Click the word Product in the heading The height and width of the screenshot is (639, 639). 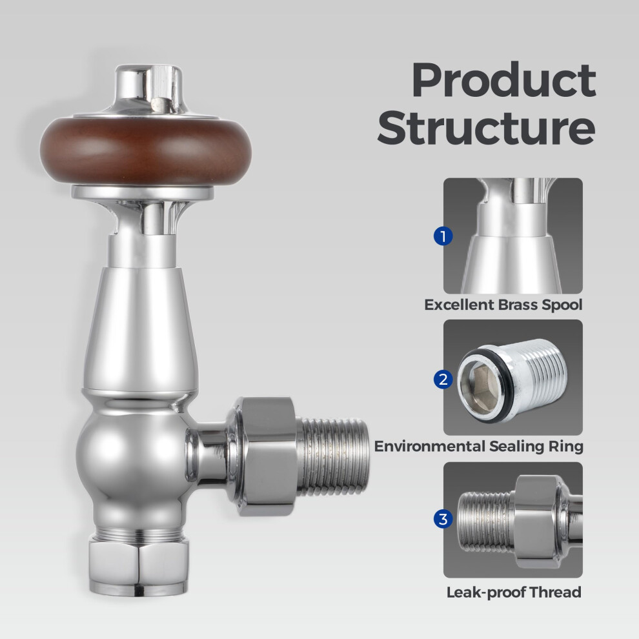click(504, 80)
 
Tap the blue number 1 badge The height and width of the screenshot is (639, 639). click(443, 236)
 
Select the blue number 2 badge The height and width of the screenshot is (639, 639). click(443, 379)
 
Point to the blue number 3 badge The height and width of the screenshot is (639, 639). click(443, 519)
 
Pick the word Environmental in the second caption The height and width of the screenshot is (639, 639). click(429, 446)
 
